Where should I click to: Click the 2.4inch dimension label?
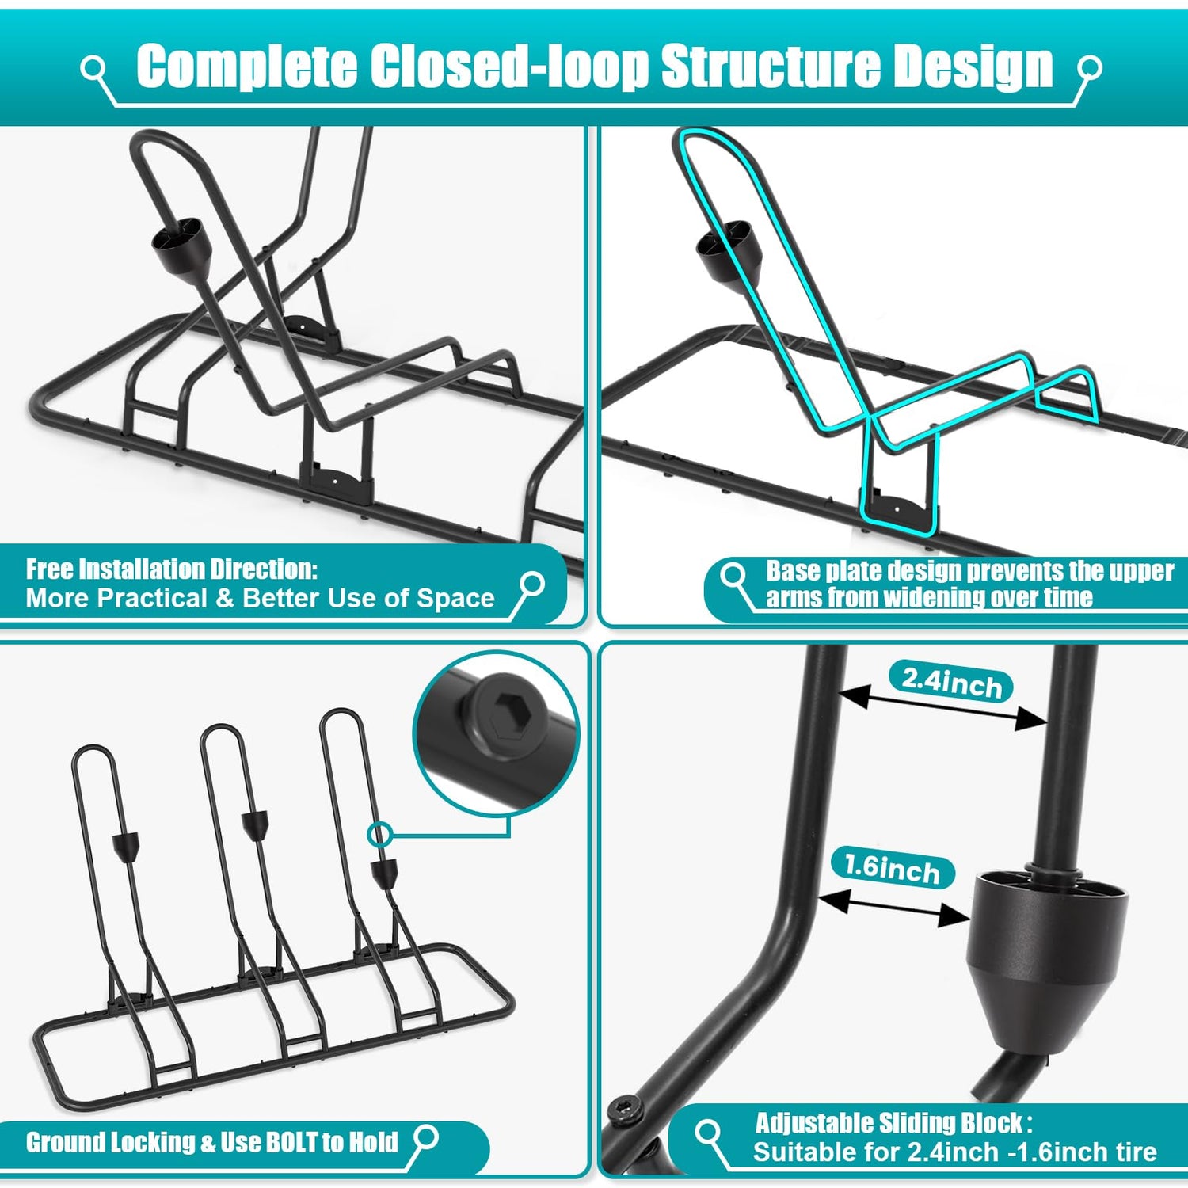951,681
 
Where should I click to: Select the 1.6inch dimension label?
893,868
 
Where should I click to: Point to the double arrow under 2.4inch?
942,708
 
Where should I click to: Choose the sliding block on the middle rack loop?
255,824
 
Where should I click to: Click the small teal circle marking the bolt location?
381,834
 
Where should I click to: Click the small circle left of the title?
93,69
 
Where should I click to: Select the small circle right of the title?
1090,69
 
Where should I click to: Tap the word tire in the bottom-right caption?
1131,1152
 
